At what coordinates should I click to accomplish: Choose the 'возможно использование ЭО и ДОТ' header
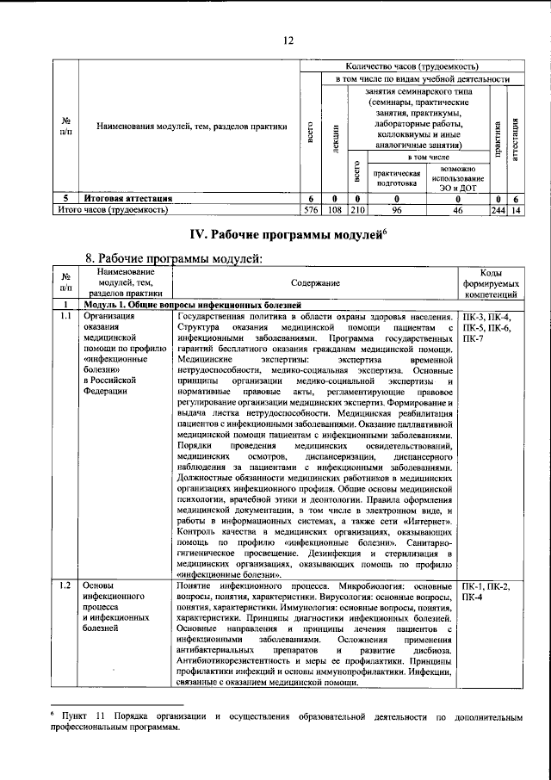(x=457, y=176)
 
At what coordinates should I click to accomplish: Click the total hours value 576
(x=311, y=209)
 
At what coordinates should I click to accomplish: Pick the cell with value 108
(x=335, y=209)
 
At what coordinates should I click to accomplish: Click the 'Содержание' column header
(x=313, y=282)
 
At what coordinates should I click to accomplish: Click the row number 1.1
(x=65, y=317)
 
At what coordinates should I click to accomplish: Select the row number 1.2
(x=65, y=587)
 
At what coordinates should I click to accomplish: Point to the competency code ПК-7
(x=473, y=340)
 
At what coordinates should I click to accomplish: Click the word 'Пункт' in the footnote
(x=77, y=716)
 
